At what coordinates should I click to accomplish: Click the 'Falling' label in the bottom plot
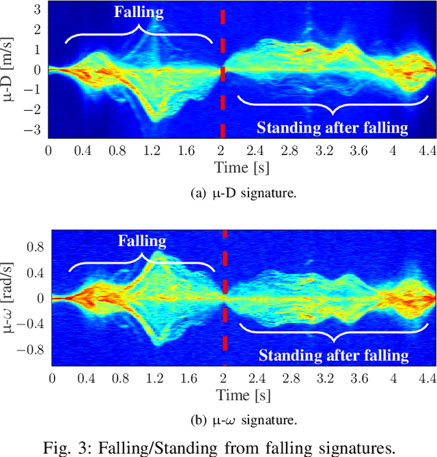tap(142, 241)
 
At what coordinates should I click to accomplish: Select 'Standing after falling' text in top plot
tap(332, 127)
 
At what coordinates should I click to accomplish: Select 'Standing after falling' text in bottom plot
tap(334, 355)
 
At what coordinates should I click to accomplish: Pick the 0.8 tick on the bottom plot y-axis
tap(36, 246)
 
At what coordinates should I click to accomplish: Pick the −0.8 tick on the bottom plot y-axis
tap(32, 350)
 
